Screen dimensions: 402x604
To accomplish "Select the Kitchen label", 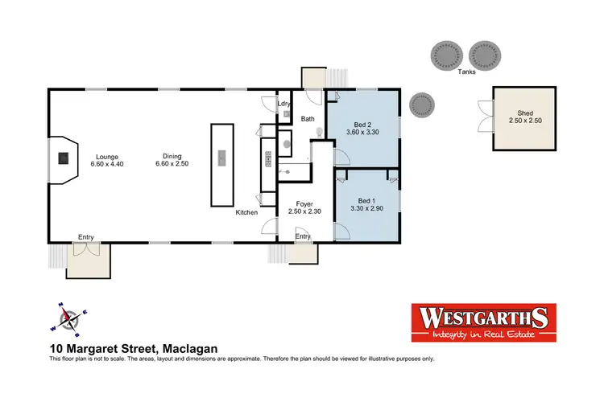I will pyautogui.click(x=246, y=212).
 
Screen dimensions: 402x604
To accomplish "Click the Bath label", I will pyautogui.click(x=308, y=119).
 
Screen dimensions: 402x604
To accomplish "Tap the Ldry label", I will pyautogui.click(x=283, y=104).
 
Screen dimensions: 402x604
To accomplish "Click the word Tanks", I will pyautogui.click(x=466, y=72).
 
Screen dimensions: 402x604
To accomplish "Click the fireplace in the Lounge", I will pyautogui.click(x=61, y=158).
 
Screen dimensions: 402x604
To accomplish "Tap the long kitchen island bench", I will pyautogui.click(x=220, y=164).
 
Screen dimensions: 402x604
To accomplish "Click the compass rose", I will pyautogui.click(x=70, y=319).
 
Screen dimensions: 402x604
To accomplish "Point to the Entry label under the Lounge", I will pyautogui.click(x=85, y=236).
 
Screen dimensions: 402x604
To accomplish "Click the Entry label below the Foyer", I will pyautogui.click(x=303, y=236).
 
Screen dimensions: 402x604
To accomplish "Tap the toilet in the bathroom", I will pyautogui.click(x=320, y=132).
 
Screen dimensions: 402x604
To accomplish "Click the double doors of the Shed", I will pyautogui.click(x=482, y=117).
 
